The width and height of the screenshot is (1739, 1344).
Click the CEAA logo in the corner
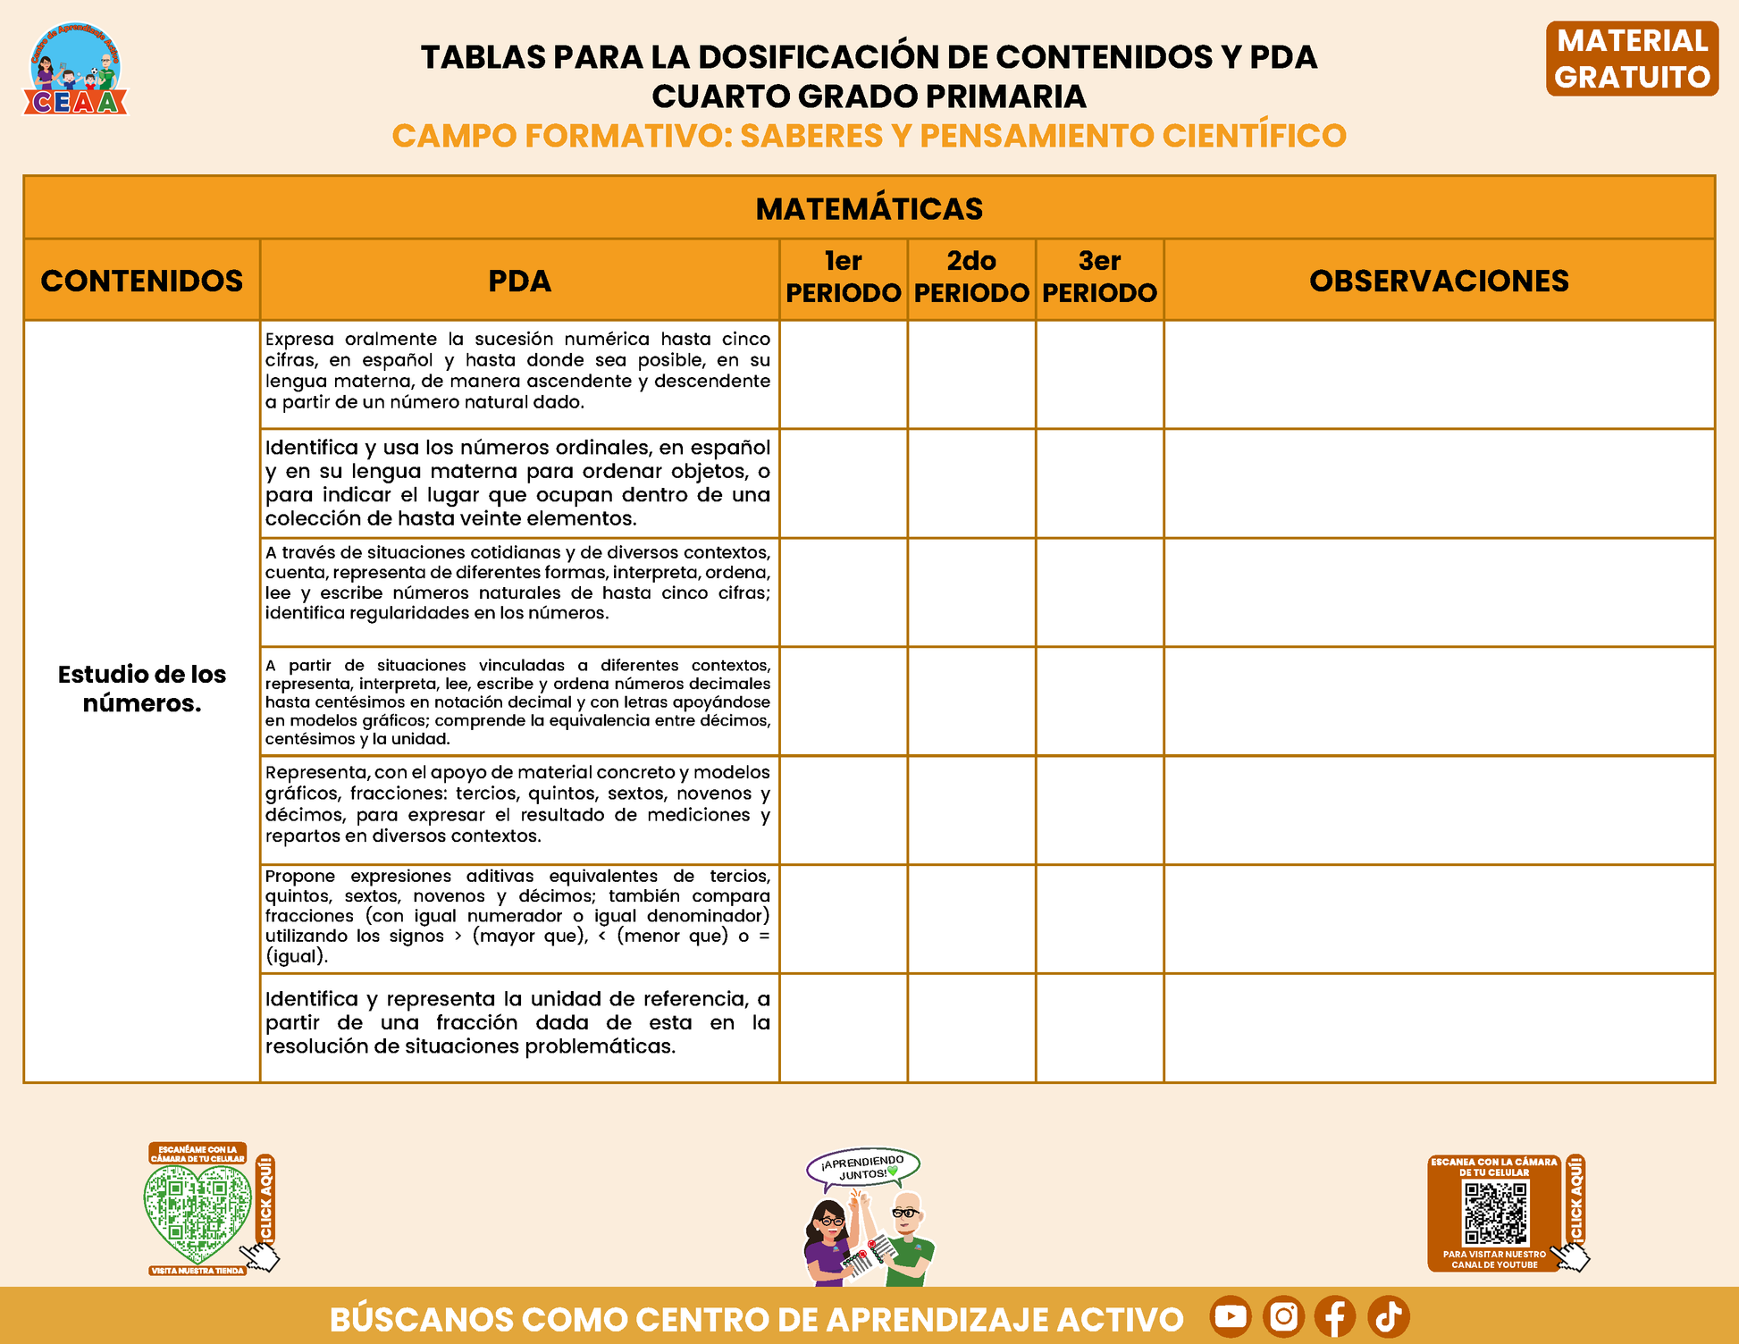coord(76,70)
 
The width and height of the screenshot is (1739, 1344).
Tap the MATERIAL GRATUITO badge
coord(1632,59)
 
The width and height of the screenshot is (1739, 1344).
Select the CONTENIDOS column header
coord(141,281)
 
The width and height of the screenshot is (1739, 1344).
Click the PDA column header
coord(519,281)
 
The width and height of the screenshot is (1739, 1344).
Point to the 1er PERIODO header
coord(843,277)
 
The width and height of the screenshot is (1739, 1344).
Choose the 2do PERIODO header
coord(971,277)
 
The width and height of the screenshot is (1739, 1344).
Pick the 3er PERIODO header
coord(1099,277)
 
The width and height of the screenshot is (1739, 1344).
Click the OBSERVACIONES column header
coord(1439,281)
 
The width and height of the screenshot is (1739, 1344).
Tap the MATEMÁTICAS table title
coord(869,208)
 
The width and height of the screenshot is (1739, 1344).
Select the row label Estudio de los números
coord(141,688)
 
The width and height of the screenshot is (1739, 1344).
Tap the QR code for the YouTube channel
coord(1495,1214)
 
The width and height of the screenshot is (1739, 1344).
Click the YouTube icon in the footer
coord(1231,1316)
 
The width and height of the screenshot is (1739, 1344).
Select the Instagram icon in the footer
coord(1283,1316)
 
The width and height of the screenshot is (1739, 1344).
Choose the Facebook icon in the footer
coord(1335,1316)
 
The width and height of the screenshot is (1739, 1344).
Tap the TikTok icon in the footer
coord(1389,1316)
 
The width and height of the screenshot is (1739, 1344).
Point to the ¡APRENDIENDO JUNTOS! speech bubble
coord(863,1167)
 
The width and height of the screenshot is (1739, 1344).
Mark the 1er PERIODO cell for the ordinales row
coord(843,483)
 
